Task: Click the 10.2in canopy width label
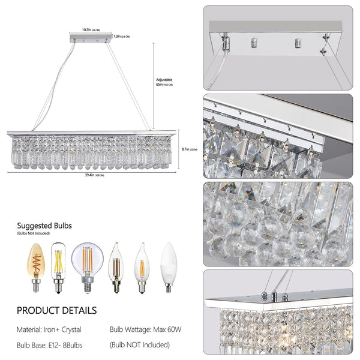click(91, 28)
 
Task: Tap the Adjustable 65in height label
click(165, 83)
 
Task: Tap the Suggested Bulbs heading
click(44, 226)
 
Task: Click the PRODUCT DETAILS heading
click(56, 311)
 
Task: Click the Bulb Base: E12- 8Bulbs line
click(50, 345)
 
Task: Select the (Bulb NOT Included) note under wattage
click(140, 345)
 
